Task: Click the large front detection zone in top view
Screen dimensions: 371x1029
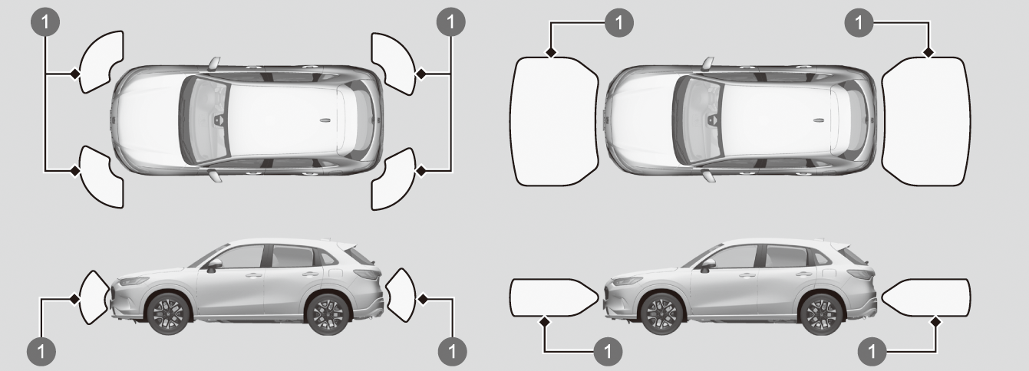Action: click(552, 121)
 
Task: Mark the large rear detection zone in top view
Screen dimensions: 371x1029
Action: click(925, 121)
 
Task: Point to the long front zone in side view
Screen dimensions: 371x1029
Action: click(551, 297)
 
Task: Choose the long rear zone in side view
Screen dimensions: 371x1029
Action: click(927, 297)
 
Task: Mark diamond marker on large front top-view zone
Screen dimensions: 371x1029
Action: click(552, 53)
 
